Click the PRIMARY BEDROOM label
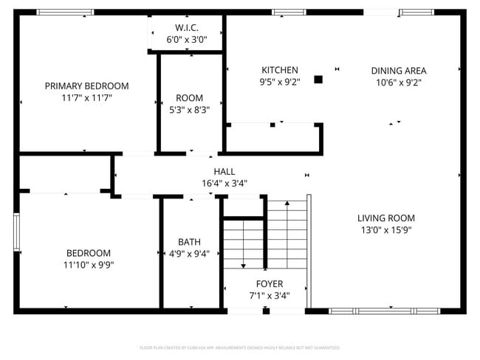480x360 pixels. [x=86, y=86]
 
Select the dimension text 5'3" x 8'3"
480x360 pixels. [x=189, y=110]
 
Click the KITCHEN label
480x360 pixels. [x=279, y=70]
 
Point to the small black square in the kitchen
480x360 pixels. [x=319, y=79]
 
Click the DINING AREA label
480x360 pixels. [x=398, y=71]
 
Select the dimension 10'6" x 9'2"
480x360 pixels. [x=398, y=83]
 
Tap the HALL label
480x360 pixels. [x=224, y=171]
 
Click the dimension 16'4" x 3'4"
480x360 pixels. [x=224, y=183]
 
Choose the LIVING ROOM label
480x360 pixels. [x=385, y=218]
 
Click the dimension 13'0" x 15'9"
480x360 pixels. [x=385, y=229]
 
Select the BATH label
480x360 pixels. [x=189, y=241]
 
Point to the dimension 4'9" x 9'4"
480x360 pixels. [x=189, y=253]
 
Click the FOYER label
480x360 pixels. [x=269, y=284]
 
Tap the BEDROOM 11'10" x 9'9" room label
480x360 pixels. [x=88, y=252]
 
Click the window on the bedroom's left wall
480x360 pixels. [x=16, y=232]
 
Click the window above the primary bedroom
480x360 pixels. [x=65, y=13]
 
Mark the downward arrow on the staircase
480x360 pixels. [x=244, y=263]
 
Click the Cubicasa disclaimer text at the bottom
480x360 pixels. [x=239, y=347]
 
